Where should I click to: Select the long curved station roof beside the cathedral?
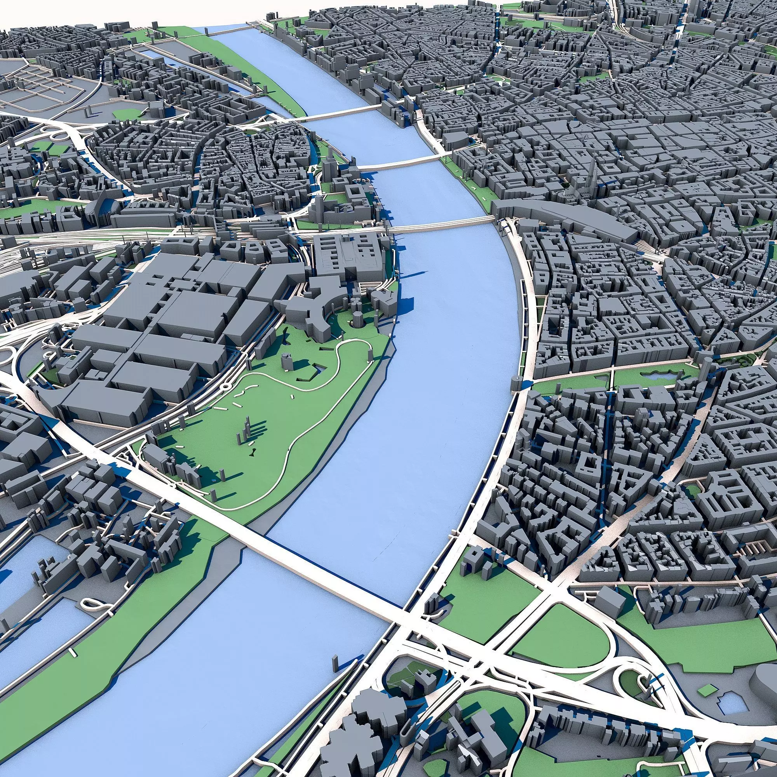(563, 217)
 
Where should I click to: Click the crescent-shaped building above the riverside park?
(318, 318)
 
